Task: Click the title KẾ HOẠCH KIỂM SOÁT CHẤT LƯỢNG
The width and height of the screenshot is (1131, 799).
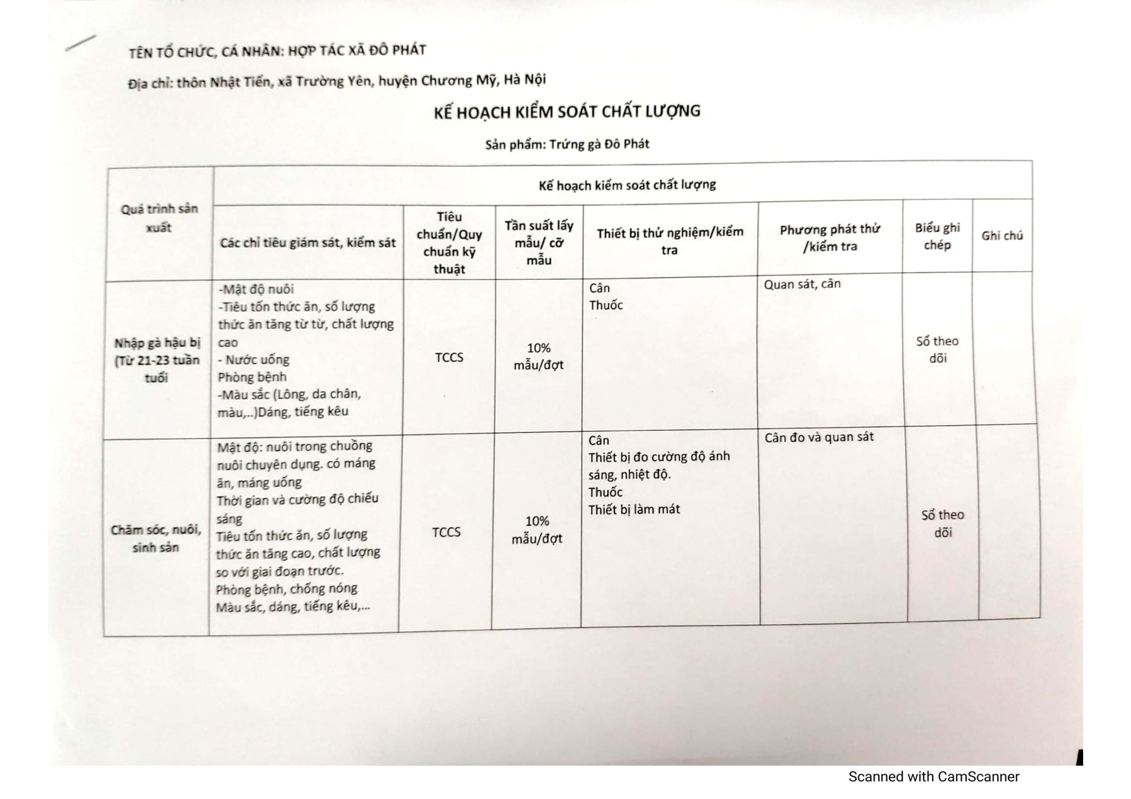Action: tap(567, 112)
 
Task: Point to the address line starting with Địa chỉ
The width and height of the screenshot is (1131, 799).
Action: tap(337, 81)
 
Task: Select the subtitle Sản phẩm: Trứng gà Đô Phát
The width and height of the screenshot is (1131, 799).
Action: tap(567, 144)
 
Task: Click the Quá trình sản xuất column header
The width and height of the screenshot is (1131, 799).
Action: tap(159, 218)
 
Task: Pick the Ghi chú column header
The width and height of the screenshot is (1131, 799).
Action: tap(1001, 236)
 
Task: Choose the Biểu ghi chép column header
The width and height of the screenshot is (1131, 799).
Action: tap(937, 236)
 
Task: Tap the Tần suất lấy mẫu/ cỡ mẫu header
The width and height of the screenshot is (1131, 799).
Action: tap(539, 243)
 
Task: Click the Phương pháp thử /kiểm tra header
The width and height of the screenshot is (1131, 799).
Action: tap(830, 238)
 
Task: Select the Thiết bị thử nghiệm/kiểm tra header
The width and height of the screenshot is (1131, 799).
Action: tap(670, 241)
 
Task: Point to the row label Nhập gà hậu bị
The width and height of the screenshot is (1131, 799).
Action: tap(157, 361)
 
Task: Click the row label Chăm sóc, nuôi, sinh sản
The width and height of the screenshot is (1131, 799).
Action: tap(156, 538)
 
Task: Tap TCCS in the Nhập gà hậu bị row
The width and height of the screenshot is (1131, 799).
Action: tap(449, 357)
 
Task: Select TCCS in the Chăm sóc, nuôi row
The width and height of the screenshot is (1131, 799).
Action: tap(446, 532)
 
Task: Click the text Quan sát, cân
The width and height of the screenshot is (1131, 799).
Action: tap(802, 285)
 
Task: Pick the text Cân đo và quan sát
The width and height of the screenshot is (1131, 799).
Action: tap(819, 437)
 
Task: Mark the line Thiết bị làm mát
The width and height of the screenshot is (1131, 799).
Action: tap(633, 509)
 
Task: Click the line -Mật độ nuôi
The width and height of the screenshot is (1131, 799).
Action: tap(256, 289)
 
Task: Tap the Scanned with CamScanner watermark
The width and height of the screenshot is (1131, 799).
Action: tap(933, 777)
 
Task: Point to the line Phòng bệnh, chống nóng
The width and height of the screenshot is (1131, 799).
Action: tap(287, 589)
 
